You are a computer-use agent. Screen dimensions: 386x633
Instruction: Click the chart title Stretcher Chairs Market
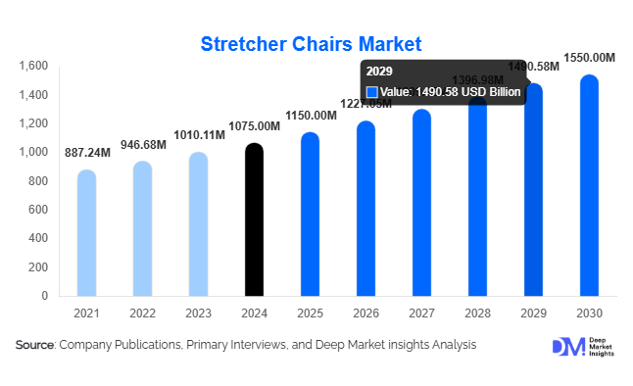311,44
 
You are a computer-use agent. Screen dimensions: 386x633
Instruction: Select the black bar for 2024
254,220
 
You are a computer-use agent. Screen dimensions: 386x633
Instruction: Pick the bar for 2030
589,186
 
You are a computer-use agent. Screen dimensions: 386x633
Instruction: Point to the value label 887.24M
87,153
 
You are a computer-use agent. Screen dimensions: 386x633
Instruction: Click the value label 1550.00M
589,59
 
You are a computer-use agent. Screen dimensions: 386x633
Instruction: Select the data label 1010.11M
199,135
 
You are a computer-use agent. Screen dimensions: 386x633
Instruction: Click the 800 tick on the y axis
37,181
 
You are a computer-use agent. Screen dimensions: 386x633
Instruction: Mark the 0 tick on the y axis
44,296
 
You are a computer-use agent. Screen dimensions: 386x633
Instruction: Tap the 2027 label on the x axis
421,313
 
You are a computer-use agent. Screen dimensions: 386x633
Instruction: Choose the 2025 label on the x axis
310,313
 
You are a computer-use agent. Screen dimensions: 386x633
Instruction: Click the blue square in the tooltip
371,92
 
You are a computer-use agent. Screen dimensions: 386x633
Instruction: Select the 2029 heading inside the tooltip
378,72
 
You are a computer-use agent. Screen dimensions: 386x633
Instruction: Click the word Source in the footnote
35,345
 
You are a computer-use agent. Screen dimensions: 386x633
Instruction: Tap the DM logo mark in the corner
567,347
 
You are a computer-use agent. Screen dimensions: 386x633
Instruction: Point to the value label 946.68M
143,145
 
